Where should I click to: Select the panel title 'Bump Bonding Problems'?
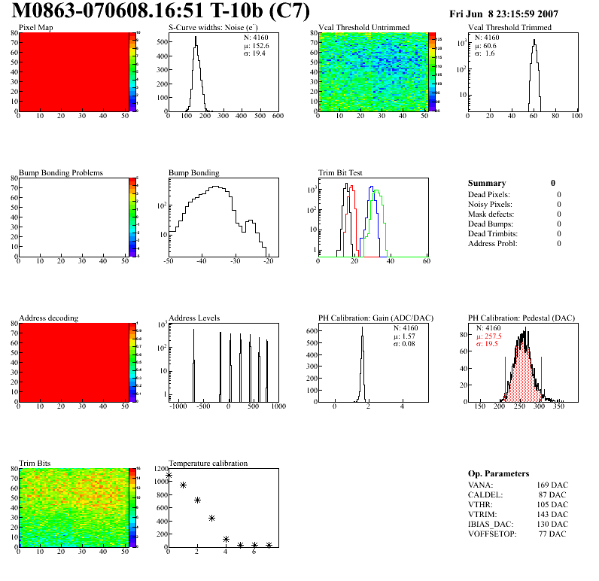coord(61,173)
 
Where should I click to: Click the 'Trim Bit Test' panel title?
coord(341,173)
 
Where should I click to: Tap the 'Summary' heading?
coord(487,183)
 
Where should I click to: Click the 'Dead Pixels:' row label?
coord(490,194)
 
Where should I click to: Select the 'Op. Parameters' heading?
coord(498,473)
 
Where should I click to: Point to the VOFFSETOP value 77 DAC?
coord(553,534)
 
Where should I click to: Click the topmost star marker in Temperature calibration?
coord(169,476)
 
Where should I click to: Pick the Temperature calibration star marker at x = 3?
coord(212,519)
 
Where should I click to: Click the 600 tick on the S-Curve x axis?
coord(278,116)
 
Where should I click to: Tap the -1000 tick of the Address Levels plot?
coord(178,406)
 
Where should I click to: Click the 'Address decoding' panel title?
coord(48,318)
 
